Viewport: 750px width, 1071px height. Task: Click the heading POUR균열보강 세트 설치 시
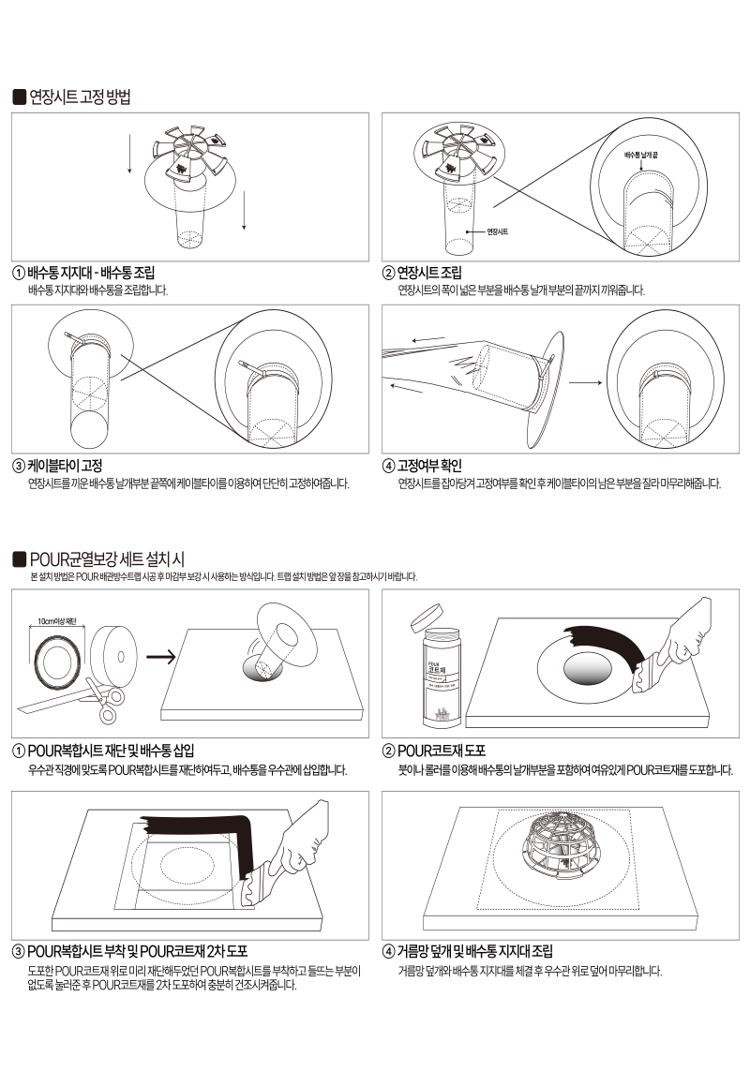(107, 559)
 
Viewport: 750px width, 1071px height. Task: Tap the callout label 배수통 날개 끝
(641, 155)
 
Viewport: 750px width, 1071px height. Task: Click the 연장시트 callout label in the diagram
(497, 232)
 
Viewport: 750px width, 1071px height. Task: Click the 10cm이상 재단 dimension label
(57, 622)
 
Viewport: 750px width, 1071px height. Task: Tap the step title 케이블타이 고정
(65, 466)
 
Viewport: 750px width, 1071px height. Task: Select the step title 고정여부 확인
(429, 466)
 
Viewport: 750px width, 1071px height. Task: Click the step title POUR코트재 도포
(442, 751)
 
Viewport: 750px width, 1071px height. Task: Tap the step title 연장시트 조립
(429, 273)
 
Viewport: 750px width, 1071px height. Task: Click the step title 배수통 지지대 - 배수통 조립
(91, 273)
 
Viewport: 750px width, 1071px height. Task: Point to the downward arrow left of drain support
(129, 155)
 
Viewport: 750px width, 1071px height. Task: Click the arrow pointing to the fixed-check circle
(585, 382)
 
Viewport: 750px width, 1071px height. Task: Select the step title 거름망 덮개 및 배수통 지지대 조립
(475, 951)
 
